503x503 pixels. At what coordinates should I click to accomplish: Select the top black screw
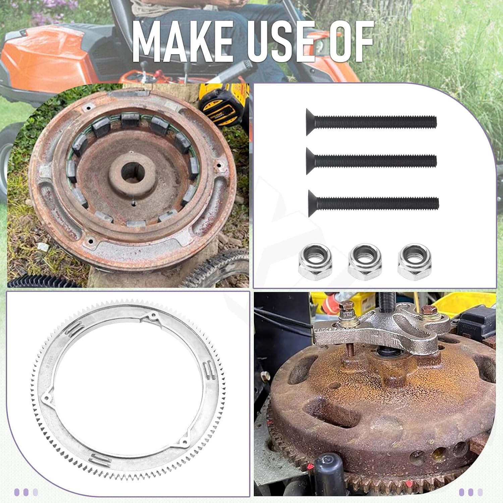click(371, 122)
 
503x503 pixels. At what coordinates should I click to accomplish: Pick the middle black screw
click(371, 161)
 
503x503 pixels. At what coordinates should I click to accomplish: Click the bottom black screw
click(373, 203)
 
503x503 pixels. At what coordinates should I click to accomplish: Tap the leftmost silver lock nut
click(315, 261)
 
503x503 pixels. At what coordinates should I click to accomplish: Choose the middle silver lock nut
click(365, 261)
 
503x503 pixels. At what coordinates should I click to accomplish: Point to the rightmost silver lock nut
click(414, 261)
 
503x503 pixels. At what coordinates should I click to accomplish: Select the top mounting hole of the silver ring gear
click(154, 316)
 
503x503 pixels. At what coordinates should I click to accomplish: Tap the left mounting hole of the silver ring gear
click(46, 399)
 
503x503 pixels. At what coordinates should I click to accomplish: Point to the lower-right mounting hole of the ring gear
click(184, 442)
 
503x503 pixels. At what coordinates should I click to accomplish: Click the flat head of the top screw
click(311, 122)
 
